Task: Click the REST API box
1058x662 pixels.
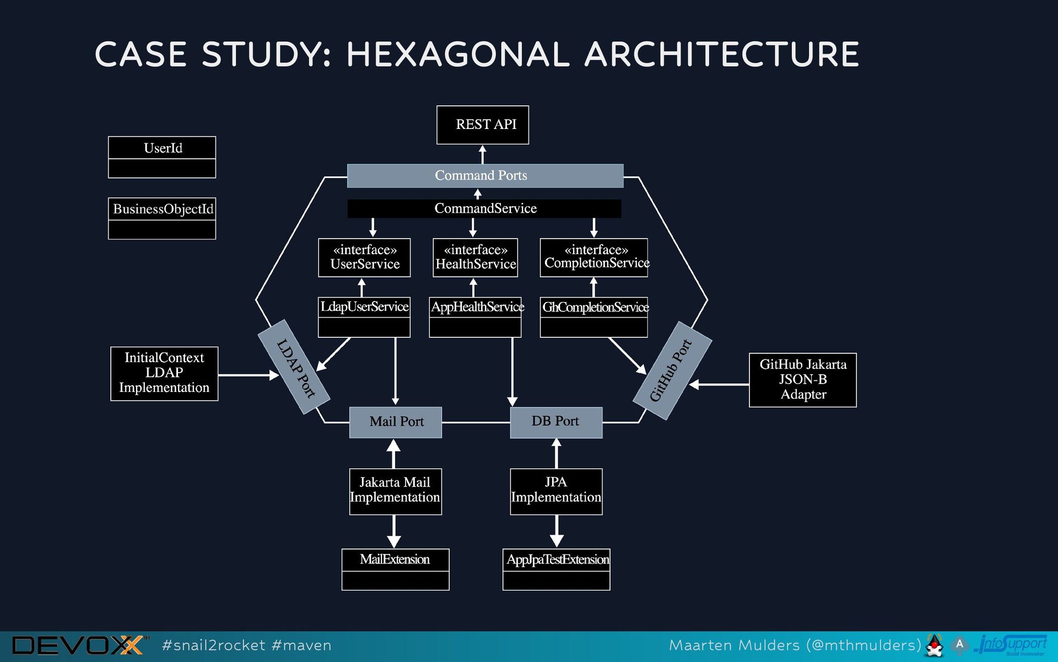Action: coord(483,125)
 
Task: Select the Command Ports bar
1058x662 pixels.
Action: coord(485,176)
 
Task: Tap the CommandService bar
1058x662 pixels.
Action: coord(484,208)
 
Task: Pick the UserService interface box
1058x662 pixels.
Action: coord(364,257)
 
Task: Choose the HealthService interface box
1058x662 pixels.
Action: coord(475,257)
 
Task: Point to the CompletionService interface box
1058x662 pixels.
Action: coord(593,257)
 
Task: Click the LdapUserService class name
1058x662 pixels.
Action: coord(364,306)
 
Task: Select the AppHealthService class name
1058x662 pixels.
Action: coord(476,306)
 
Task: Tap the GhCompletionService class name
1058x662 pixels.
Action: coord(594,307)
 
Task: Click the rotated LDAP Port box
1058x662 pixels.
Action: coord(295,367)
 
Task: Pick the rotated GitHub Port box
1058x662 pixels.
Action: coord(672,370)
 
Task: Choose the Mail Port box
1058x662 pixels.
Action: coord(396,422)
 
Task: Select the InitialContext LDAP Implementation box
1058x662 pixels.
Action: coord(164,373)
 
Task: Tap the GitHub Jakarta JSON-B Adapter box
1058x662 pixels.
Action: coord(802,380)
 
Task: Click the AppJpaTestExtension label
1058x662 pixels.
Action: coord(557,560)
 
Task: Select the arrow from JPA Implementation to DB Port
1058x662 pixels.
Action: coord(557,454)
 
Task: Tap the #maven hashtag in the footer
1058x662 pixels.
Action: coord(301,645)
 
